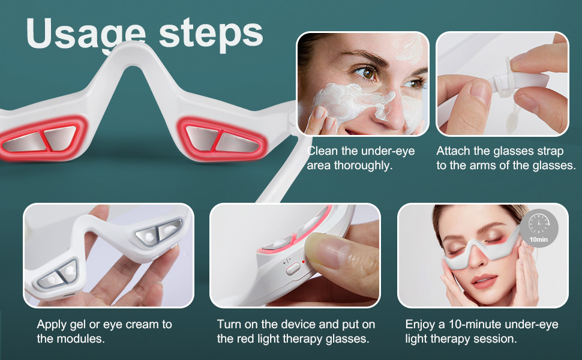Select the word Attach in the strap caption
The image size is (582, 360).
pyautogui.click(x=454, y=151)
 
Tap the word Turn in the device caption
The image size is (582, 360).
pyautogui.click(x=229, y=325)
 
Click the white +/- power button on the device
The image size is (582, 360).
pyautogui.click(x=293, y=268)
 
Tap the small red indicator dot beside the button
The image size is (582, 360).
pyautogui.click(x=304, y=262)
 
